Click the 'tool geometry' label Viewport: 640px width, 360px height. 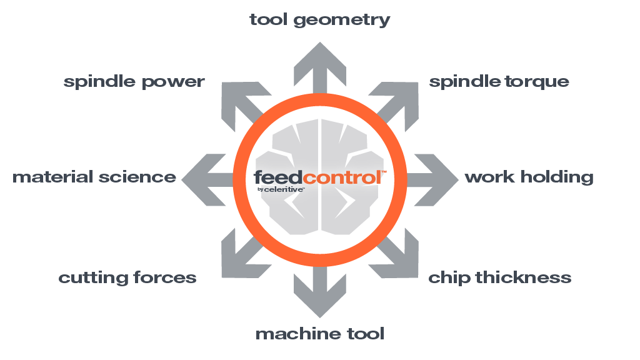tap(319, 20)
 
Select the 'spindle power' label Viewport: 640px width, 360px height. tap(134, 82)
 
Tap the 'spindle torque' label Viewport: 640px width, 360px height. tap(499, 81)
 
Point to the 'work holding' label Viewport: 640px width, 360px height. tap(529, 177)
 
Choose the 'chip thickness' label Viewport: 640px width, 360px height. tap(499, 277)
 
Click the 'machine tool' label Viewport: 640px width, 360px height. tap(319, 334)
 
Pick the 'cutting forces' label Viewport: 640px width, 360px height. tap(127, 277)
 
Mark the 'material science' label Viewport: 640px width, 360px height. tap(94, 177)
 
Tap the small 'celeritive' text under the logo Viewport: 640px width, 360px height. tap(286, 189)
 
